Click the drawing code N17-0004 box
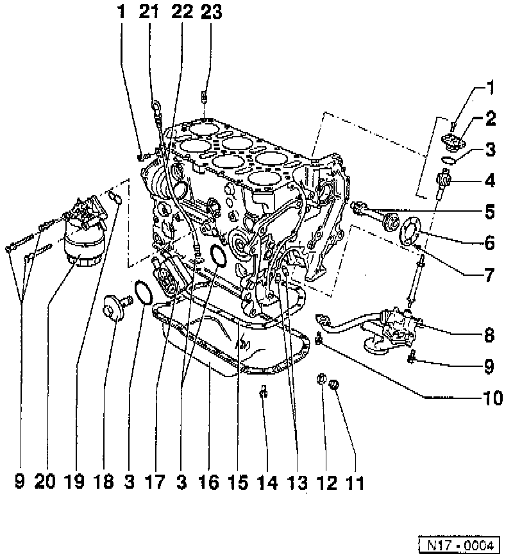click(458, 546)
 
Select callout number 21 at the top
click(149, 12)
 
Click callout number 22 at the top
click(181, 12)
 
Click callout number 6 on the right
click(490, 243)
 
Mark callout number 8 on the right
click(490, 334)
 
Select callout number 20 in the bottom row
click(46, 482)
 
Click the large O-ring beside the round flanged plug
click(143, 292)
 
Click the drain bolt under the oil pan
click(262, 391)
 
